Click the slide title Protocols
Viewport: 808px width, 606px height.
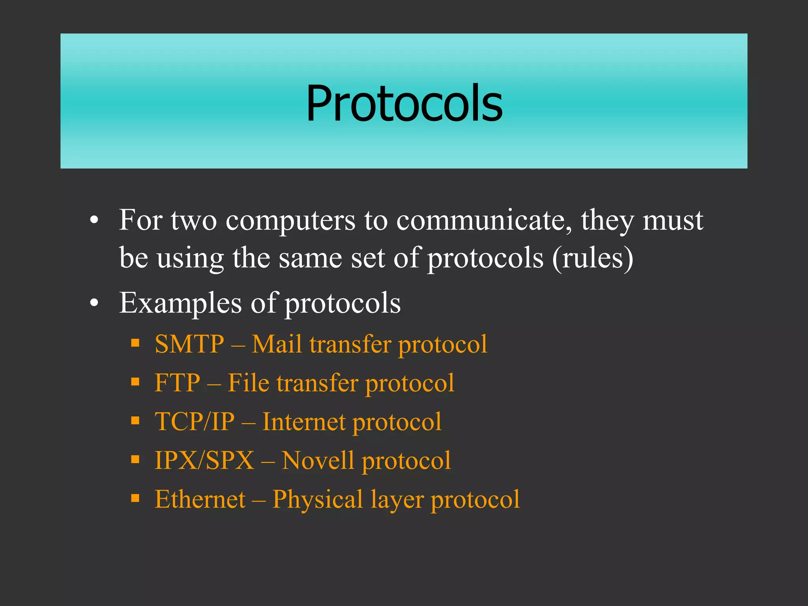click(x=404, y=103)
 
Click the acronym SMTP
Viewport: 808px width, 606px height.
click(x=189, y=344)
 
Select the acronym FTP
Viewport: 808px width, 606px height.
click(x=177, y=383)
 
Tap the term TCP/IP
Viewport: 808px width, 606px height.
click(x=195, y=421)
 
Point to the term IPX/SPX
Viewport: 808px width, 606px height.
click(x=204, y=460)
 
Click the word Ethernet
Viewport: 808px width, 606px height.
click(x=200, y=499)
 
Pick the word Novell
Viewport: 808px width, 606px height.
click(x=318, y=460)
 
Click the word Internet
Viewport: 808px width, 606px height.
click(x=304, y=421)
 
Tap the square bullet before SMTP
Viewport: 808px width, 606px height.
click(x=135, y=342)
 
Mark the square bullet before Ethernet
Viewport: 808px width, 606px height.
click(x=135, y=498)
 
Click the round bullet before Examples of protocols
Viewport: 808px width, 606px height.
click(x=94, y=303)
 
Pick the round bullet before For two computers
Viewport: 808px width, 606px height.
click(x=94, y=220)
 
